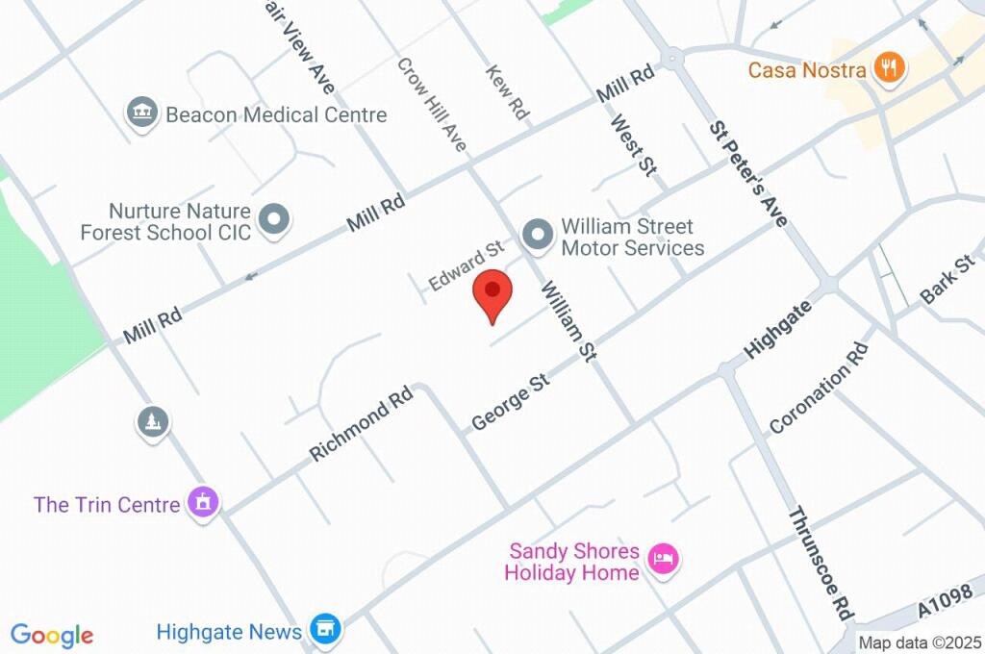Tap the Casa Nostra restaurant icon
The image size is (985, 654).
click(x=887, y=68)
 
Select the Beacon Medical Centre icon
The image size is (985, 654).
click(x=141, y=113)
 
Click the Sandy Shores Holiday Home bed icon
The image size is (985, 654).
click(x=663, y=558)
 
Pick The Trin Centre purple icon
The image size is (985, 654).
click(x=203, y=502)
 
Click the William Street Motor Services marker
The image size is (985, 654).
click(x=537, y=234)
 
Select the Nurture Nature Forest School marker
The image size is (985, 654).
click(x=276, y=219)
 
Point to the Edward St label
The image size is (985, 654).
click(x=466, y=266)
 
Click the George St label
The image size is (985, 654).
click(x=510, y=402)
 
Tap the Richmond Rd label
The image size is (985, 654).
click(x=361, y=424)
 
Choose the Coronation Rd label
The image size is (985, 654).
click(x=820, y=386)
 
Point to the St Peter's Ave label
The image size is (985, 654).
click(x=748, y=174)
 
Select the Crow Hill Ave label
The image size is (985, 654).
click(x=433, y=104)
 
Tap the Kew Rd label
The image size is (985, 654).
click(x=508, y=92)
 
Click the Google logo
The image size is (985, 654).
click(x=52, y=635)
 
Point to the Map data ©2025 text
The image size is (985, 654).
click(x=920, y=642)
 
